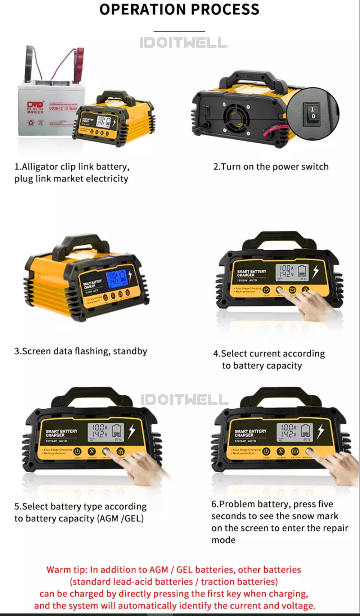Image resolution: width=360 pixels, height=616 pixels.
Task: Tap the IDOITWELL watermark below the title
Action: (183, 43)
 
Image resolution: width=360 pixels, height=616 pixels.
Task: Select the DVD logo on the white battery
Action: (35, 105)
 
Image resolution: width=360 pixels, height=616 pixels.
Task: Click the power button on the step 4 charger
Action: (266, 290)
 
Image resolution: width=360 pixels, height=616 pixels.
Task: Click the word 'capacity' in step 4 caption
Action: (284, 366)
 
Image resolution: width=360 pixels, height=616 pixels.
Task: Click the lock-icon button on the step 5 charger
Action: (121, 451)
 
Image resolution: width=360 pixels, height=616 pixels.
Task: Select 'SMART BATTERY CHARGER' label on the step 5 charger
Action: (61, 433)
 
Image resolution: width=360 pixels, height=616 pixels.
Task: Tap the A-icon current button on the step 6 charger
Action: (280, 451)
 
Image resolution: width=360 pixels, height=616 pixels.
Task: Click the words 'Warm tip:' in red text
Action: (67, 570)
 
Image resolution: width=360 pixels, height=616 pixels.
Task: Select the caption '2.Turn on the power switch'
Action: (271, 167)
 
